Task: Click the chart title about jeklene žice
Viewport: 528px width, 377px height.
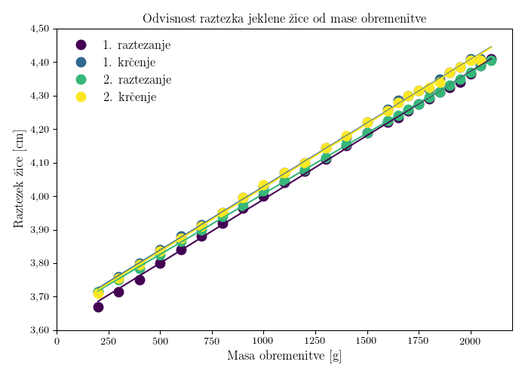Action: (x=284, y=18)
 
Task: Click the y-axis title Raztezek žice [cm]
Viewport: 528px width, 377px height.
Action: (x=20, y=179)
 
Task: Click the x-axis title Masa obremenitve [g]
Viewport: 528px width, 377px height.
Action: (x=284, y=356)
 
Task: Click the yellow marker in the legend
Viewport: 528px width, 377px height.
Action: (x=81, y=97)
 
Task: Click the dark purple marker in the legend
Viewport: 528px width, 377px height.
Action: (x=81, y=45)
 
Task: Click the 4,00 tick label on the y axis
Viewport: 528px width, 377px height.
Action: (x=39, y=196)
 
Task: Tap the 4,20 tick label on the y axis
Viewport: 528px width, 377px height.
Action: (x=39, y=130)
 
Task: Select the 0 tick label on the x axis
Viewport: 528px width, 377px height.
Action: (x=57, y=342)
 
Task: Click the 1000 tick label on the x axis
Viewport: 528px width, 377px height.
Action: (x=263, y=342)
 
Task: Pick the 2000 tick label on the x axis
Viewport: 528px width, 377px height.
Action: (x=471, y=342)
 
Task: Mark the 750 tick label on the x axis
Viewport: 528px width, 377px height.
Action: (x=212, y=342)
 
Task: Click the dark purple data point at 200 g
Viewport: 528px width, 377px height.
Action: (x=98, y=307)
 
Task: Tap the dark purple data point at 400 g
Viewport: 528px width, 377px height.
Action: (x=140, y=280)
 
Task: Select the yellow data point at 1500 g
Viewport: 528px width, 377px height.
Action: (x=367, y=123)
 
